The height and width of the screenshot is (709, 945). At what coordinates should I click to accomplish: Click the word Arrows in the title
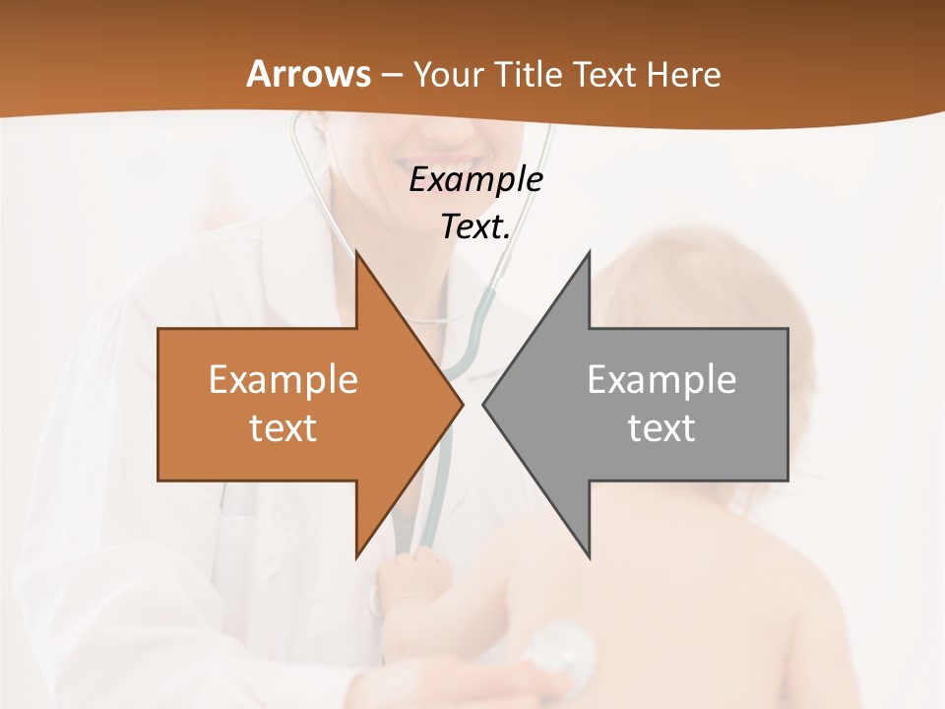pos(308,74)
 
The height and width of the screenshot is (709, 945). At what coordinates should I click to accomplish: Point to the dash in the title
pos(391,76)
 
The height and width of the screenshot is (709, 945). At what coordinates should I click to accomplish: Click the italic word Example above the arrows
pos(475,180)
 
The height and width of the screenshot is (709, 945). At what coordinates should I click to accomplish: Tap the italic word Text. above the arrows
pos(475,226)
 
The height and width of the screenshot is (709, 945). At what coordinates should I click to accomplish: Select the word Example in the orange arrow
pos(283,380)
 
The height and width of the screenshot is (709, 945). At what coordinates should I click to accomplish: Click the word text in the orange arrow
pos(283,428)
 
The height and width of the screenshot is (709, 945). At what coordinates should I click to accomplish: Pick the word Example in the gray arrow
pos(661,380)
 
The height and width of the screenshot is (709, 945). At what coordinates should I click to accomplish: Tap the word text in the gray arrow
pos(661,428)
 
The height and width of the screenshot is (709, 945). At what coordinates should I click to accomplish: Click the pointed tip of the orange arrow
pos(462,404)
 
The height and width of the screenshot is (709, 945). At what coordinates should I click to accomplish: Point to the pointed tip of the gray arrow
pos(484,404)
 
